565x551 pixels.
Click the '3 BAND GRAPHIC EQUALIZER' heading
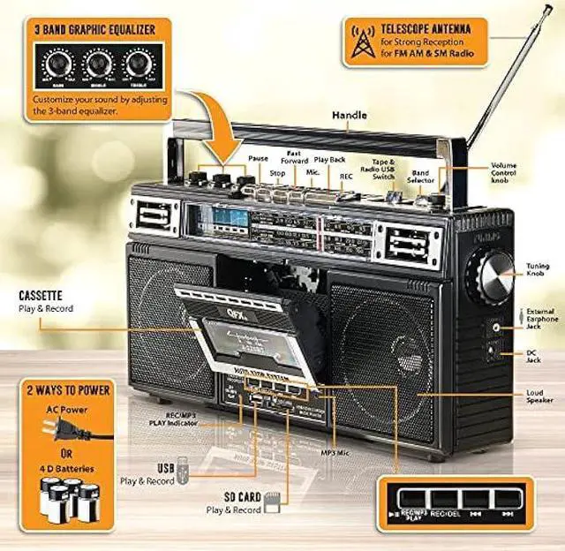94,30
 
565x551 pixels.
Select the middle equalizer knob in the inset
98,64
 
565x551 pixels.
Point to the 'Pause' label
258,158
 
